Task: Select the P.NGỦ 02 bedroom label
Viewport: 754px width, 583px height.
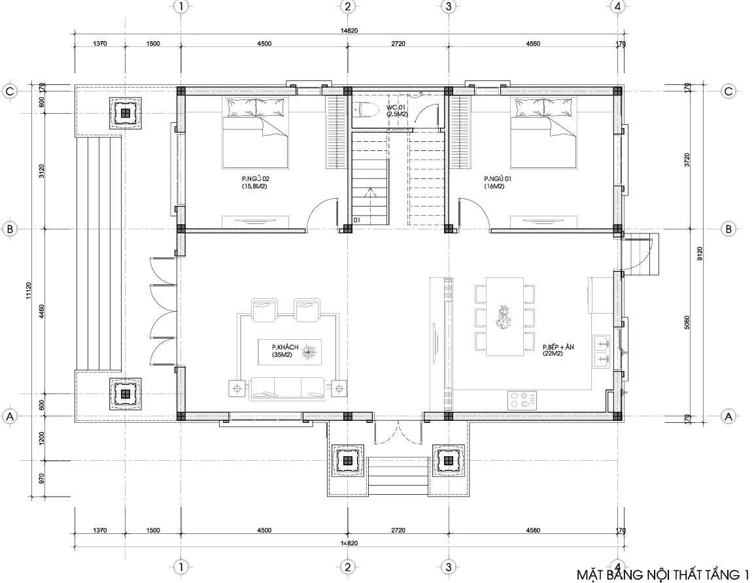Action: tap(254, 182)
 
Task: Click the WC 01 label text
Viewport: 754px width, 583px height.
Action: tap(397, 110)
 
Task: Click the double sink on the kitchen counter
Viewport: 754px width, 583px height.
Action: tap(601, 350)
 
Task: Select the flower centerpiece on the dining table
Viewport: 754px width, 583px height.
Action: tap(504, 317)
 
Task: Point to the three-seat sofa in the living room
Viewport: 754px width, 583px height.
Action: tap(286, 388)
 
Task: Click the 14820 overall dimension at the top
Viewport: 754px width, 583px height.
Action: tap(348, 30)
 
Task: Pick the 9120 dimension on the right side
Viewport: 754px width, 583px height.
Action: tap(700, 254)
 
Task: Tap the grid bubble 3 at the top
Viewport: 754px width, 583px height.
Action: tap(448, 7)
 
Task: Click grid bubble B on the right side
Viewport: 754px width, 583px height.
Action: tap(729, 229)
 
